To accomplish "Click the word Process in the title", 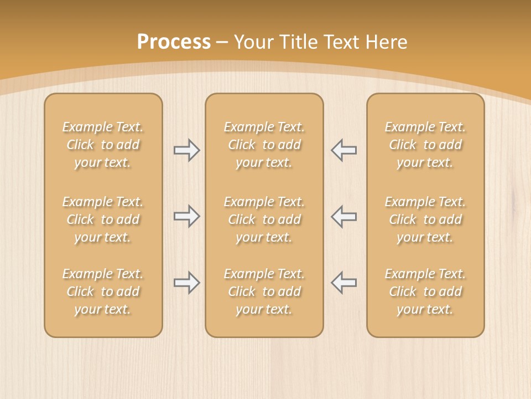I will (x=174, y=42).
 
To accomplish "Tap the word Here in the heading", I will (x=386, y=42).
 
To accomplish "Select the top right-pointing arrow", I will (x=186, y=150).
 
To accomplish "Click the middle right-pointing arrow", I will (x=186, y=216).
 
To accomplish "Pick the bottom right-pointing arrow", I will (x=186, y=283).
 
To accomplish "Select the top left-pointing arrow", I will (x=344, y=150).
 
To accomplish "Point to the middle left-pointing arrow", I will (x=344, y=216).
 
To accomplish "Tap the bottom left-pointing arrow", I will (x=344, y=283).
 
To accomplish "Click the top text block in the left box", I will (x=103, y=145).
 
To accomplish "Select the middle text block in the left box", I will (x=103, y=219).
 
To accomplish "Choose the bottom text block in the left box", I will (x=103, y=291).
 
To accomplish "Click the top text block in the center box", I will (x=264, y=145).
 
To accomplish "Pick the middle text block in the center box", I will (x=264, y=219).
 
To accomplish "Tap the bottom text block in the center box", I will (x=264, y=291).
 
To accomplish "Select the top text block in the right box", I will (x=425, y=145).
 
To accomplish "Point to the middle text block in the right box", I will (x=425, y=219).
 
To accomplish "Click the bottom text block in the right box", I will (x=425, y=291).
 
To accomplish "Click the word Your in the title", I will (x=252, y=42).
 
